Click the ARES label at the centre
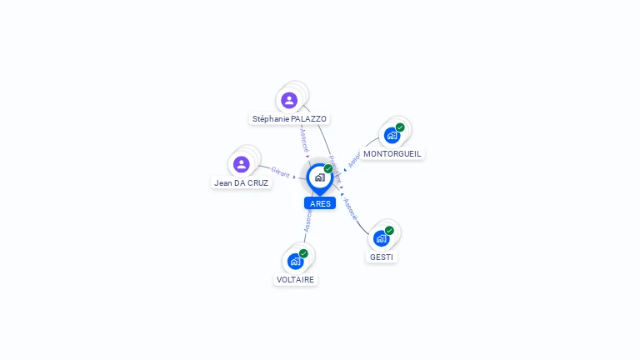click(320, 203)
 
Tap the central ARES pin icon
click(319, 177)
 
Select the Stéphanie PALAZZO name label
click(289, 119)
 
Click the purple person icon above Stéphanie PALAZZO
click(289, 100)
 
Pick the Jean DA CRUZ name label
click(242, 182)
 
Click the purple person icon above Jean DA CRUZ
click(242, 164)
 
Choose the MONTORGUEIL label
click(392, 153)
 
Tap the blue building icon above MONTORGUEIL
click(392, 135)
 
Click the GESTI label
click(382, 257)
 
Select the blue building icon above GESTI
click(381, 238)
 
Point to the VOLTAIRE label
click(295, 279)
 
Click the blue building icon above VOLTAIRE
click(295, 261)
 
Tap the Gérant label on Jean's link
click(280, 172)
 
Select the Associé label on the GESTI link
click(350, 209)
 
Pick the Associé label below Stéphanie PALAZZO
click(304, 137)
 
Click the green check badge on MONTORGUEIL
click(400, 127)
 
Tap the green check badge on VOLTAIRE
click(303, 253)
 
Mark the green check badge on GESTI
click(389, 231)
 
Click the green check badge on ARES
click(328, 169)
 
